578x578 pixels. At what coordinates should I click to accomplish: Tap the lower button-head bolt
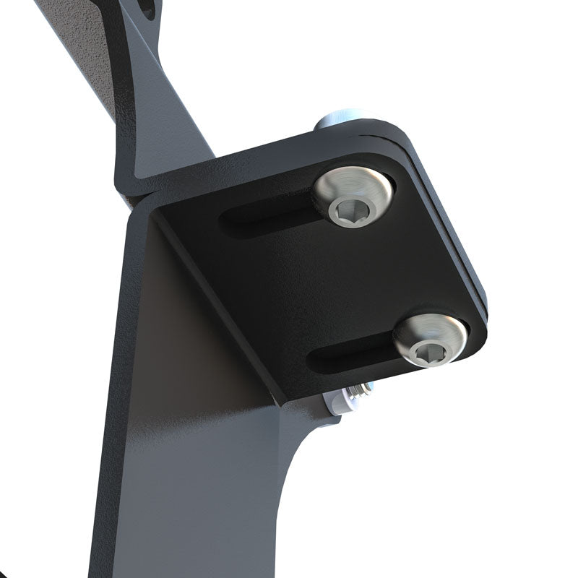click(430, 340)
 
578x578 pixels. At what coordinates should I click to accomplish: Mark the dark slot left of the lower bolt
click(350, 355)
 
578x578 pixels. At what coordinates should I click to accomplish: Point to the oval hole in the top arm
click(147, 9)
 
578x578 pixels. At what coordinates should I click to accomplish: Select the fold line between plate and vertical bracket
click(217, 303)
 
